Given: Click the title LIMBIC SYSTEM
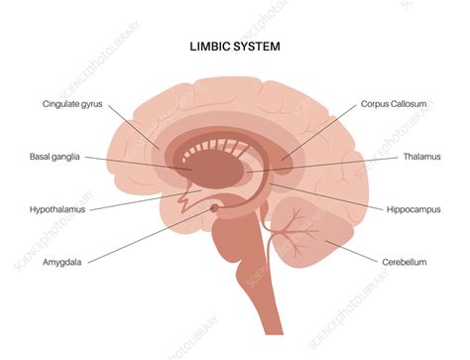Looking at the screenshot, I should pyautogui.click(x=236, y=46).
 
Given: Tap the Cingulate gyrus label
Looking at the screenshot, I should pyautogui.click(x=71, y=103).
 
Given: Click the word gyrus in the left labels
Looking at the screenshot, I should pyautogui.click(x=90, y=103).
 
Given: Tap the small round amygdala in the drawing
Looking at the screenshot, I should pyautogui.click(x=215, y=209).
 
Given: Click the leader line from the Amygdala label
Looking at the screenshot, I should pyautogui.click(x=159, y=237).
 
